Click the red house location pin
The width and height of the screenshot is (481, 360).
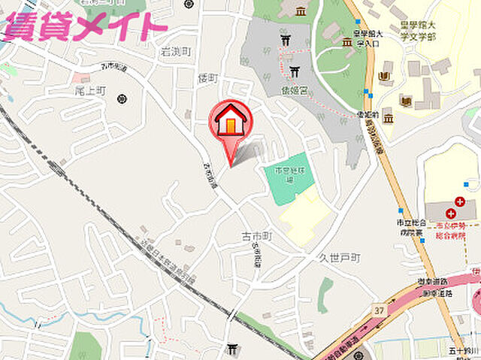232,122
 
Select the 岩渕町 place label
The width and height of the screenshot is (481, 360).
177,52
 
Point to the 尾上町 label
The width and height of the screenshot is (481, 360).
91,90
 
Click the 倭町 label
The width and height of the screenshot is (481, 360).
207,78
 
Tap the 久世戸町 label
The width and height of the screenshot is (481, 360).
340,257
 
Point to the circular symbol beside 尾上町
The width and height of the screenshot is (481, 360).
123,98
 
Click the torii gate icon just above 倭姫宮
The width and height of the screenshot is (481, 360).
293,72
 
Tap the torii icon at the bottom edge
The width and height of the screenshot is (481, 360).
233,349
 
